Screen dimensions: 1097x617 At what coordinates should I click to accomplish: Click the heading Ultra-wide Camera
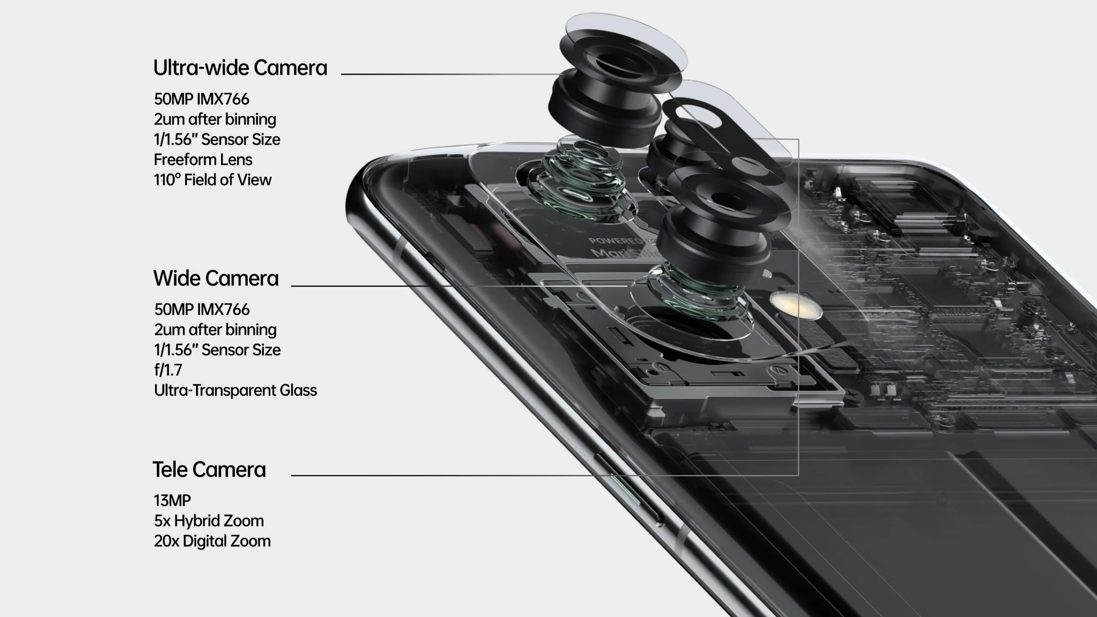point(240,68)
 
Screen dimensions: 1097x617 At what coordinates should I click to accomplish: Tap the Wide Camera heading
point(216,278)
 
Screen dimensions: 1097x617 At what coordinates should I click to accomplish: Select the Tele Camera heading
point(209,469)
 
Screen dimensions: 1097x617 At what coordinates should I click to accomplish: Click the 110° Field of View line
point(213,180)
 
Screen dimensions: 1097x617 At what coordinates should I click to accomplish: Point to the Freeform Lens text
point(203,159)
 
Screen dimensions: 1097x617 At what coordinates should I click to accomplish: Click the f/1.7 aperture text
point(168,370)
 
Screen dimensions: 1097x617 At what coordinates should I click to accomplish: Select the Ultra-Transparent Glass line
point(236,390)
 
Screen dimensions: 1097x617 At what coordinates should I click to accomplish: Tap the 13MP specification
point(172,500)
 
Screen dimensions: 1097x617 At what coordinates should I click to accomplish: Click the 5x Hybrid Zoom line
point(209,521)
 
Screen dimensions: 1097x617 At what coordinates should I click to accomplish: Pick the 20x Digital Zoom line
point(213,541)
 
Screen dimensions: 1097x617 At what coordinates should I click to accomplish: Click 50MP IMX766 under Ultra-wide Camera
point(201,99)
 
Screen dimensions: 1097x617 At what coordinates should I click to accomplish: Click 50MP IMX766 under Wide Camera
point(202,309)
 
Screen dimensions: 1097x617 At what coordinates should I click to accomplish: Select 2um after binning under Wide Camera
point(216,329)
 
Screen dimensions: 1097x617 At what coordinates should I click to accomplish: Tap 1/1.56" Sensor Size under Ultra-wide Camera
point(217,139)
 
